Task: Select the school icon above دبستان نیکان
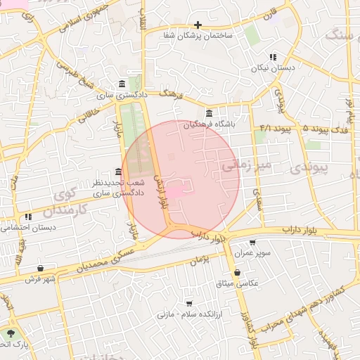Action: tap(273, 57)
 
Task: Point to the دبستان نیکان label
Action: tap(273, 68)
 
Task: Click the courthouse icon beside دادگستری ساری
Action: tap(123, 83)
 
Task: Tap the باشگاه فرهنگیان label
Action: tap(209, 124)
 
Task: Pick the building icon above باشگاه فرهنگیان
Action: tap(209, 113)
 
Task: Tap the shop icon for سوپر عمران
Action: tap(252, 243)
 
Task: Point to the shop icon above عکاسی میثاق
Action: tap(237, 272)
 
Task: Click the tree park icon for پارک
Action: tap(10, 333)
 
